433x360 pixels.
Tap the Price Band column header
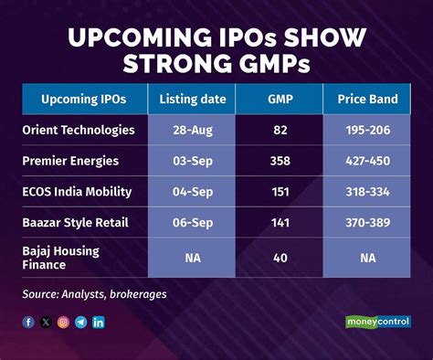(365, 98)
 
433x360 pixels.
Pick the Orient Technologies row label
(79, 130)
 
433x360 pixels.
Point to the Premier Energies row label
(70, 160)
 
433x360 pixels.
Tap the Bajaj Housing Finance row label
(61, 257)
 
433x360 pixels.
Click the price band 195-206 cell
(365, 130)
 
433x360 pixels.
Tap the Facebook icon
(28, 322)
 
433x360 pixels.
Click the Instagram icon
(63, 322)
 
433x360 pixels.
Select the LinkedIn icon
(99, 322)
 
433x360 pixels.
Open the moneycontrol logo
(377, 322)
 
